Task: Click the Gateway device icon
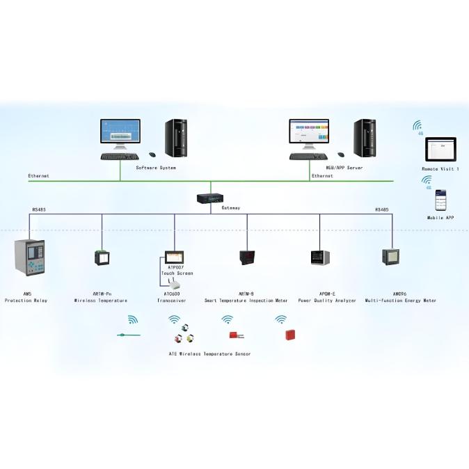tap(211, 198)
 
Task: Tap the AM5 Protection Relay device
tap(29, 257)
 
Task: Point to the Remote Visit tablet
tap(440, 150)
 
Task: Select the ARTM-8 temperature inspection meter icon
tap(247, 257)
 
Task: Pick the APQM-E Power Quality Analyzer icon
tap(320, 257)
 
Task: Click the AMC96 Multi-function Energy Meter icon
tap(391, 257)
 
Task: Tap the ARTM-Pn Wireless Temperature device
tap(102, 257)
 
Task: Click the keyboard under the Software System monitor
tap(119, 157)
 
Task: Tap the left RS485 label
tap(39, 209)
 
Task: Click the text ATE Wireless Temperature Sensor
tap(209, 354)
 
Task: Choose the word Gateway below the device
tap(230, 208)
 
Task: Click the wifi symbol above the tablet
tap(418, 126)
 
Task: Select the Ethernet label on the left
tap(38, 176)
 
